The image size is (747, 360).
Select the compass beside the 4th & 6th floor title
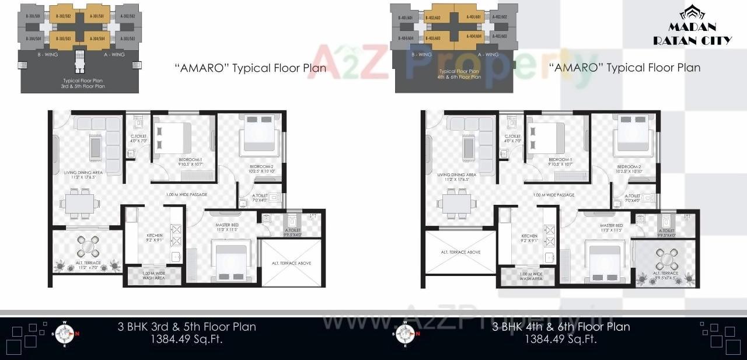coord(404,334)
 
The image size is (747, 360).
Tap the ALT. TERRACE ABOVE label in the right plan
coord(460,252)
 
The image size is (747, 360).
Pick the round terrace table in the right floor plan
coord(665,257)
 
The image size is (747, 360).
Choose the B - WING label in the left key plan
coord(53,54)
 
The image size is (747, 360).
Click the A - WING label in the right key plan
coord(488,54)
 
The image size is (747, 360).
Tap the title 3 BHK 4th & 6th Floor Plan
coord(561,327)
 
